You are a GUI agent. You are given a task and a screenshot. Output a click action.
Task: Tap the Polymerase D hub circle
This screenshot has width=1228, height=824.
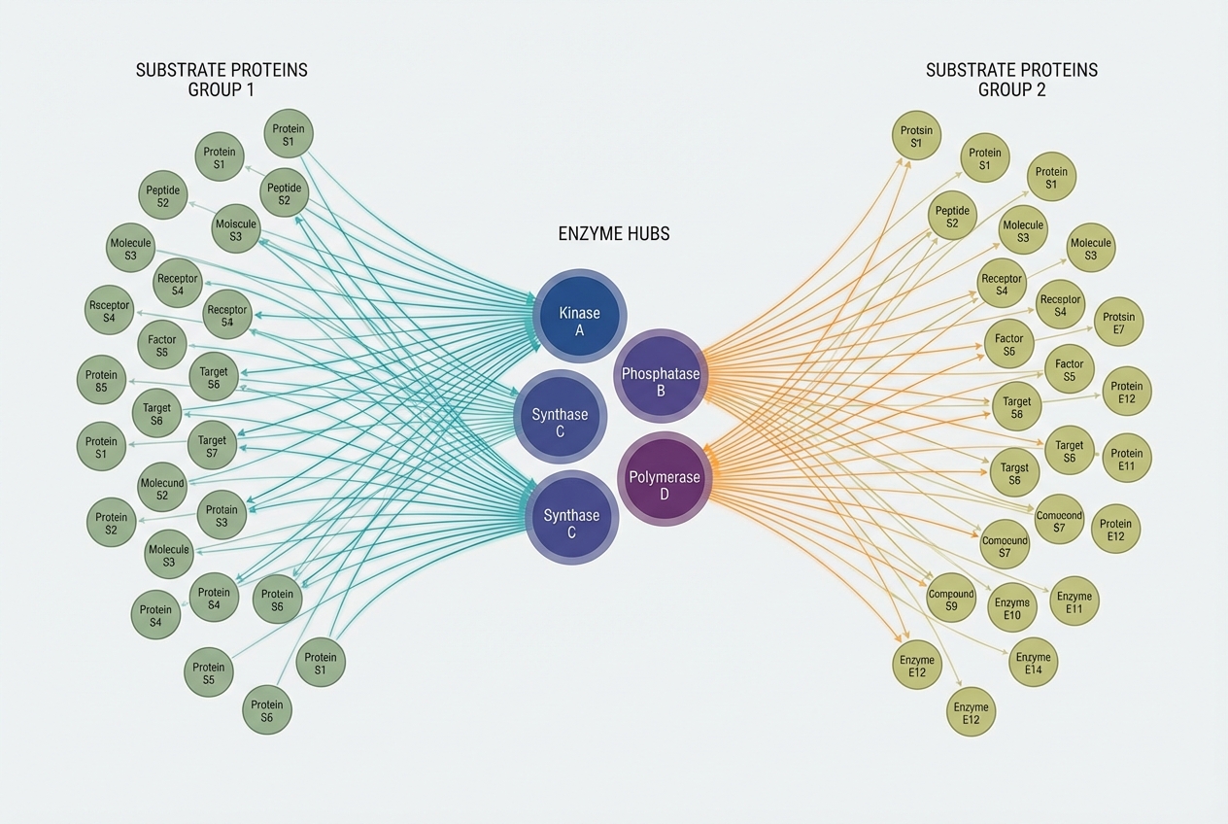coord(665,479)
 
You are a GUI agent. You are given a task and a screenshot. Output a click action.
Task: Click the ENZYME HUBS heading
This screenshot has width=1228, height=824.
coord(614,234)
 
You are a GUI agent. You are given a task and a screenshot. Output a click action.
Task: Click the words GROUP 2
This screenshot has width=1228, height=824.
coord(1011,90)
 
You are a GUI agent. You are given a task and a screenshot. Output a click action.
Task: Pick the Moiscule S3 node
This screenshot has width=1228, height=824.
coord(236,230)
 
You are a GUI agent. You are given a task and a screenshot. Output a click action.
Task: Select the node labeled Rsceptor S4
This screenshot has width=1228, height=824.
coord(109,311)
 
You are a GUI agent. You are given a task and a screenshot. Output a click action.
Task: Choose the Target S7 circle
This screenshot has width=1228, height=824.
coord(212,447)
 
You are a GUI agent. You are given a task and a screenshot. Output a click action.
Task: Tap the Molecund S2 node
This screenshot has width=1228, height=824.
coord(162,489)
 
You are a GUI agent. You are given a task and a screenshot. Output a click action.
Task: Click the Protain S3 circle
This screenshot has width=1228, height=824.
coord(222,516)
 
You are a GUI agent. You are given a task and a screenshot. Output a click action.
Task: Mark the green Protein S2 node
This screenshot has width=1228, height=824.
coord(112,523)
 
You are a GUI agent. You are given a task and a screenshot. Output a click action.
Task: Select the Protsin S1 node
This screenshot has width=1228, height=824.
coord(916,137)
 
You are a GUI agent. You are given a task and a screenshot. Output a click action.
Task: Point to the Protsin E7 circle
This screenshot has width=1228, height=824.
coord(1119,323)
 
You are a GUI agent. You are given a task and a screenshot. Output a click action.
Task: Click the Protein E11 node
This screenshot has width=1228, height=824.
coord(1127,459)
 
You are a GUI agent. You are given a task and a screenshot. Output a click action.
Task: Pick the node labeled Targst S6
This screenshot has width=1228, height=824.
coord(1014,473)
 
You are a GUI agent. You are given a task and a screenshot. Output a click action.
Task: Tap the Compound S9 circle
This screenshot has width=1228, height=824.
coord(951,601)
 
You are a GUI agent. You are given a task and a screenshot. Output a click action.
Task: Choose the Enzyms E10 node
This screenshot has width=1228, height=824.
coord(1012,608)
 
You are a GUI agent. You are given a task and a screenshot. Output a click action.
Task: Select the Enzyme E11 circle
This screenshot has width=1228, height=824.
coord(1074,601)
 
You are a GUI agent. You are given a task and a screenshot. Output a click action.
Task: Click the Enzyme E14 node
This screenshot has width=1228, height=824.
coord(1034,663)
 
